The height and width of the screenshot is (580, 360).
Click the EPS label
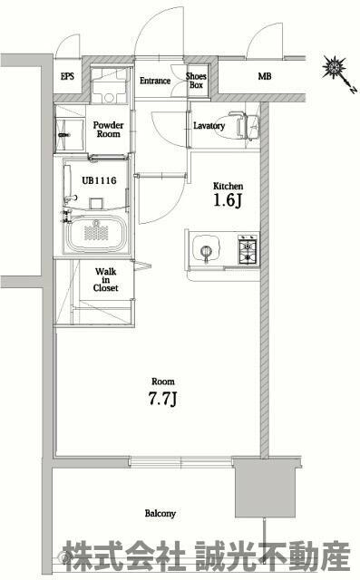point(67,76)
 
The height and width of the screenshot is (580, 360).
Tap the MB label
point(265,76)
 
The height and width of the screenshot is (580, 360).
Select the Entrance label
point(155,81)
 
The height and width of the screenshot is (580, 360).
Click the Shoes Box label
point(196,81)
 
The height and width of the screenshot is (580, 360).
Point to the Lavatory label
point(209,126)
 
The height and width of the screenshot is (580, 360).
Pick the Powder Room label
point(109,130)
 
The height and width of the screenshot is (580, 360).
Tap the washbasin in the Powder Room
point(69,135)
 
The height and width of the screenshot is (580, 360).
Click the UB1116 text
point(99,180)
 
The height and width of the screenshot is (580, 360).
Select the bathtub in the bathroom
point(97,234)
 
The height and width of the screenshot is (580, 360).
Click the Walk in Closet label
point(106,280)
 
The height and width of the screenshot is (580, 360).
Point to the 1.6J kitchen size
point(228,200)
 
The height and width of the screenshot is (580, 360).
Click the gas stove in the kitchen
point(248,249)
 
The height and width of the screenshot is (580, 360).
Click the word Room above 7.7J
point(163,382)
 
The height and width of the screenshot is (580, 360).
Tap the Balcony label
point(161,514)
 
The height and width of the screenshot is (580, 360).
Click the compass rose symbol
point(334,68)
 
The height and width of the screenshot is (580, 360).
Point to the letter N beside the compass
point(353,89)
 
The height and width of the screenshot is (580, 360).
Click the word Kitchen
point(228,186)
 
